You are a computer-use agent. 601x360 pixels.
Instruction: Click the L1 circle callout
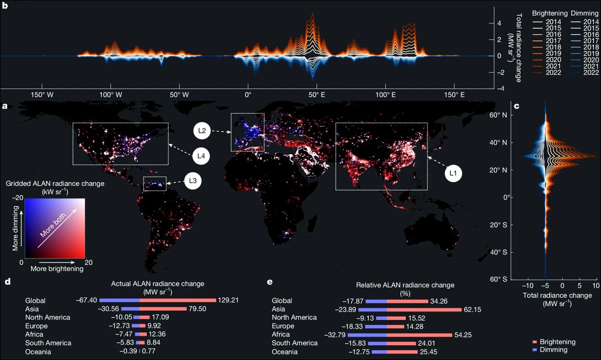click(453, 174)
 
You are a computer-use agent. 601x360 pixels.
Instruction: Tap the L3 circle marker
click(192, 181)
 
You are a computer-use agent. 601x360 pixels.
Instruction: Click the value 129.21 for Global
click(227, 300)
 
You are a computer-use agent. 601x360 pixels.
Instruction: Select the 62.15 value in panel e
click(473, 309)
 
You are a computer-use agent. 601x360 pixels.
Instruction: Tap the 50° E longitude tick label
click(316, 95)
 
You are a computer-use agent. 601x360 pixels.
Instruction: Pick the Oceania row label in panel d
click(39, 351)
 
